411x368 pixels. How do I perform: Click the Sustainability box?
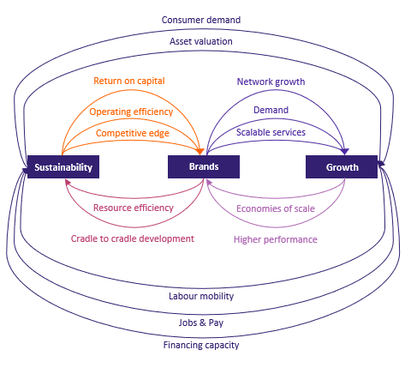(x=63, y=167)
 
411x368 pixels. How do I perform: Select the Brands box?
(x=204, y=167)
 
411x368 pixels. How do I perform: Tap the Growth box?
(x=342, y=167)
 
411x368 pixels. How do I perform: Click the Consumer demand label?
(x=201, y=20)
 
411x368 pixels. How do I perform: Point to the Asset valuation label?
(x=201, y=41)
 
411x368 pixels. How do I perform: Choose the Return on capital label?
(x=129, y=81)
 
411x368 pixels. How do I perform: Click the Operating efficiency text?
(x=131, y=112)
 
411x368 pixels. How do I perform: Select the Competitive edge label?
(x=133, y=133)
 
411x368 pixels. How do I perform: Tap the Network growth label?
(x=271, y=81)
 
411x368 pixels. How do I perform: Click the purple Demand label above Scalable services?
(x=271, y=110)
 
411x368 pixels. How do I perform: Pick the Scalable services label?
(x=271, y=132)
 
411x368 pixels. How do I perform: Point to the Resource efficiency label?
(x=134, y=208)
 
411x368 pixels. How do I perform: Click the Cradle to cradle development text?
(x=133, y=238)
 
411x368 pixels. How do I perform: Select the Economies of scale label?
(x=276, y=208)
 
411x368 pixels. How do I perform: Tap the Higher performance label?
(x=276, y=239)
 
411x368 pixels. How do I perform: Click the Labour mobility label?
(x=201, y=296)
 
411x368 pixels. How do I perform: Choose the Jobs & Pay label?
(x=201, y=323)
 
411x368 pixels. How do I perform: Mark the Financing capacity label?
(x=201, y=345)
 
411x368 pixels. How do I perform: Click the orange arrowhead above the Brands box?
(x=200, y=152)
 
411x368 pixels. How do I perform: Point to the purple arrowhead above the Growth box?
(x=345, y=152)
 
